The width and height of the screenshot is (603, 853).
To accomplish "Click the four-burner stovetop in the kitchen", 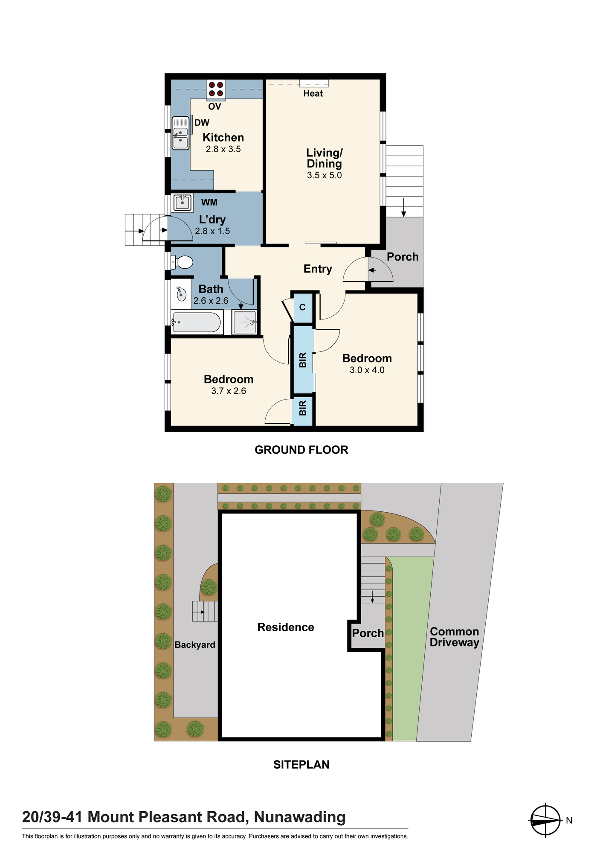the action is pos(216,90).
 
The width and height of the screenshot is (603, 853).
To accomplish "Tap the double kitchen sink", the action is pos(180,133).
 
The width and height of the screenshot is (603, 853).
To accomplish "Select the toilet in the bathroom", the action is pos(182,262).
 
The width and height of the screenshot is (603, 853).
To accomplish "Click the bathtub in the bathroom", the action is pos(197,322).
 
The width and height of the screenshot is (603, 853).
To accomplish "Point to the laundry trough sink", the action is pos(183,203).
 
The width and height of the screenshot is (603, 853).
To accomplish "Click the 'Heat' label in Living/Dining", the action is pos(313,93).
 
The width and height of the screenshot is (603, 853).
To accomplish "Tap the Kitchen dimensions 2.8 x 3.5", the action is pos(223,149).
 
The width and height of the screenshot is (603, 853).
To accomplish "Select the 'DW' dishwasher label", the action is pos(202,123).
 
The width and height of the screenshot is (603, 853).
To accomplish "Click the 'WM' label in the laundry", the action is pos(209,203).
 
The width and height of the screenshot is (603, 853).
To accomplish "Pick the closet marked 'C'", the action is pos(302,308).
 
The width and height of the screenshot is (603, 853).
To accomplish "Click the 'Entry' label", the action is pos(318,269).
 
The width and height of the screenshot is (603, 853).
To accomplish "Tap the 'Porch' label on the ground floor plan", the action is pos(403,257).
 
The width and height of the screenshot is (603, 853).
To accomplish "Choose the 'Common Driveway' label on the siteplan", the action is pos(454,637).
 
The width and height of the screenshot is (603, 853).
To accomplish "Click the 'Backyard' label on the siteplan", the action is pos(195,645).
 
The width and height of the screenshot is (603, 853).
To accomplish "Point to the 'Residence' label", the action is pos(286,627).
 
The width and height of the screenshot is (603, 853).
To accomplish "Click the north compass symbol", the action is pos(545,820).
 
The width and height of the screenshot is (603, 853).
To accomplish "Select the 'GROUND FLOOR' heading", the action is pos(301,450).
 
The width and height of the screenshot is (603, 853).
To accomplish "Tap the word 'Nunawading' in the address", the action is pos(300,817).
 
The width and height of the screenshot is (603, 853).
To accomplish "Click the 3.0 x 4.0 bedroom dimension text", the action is pos(367,370).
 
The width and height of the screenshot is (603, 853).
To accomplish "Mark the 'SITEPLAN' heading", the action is pos(301,765).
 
